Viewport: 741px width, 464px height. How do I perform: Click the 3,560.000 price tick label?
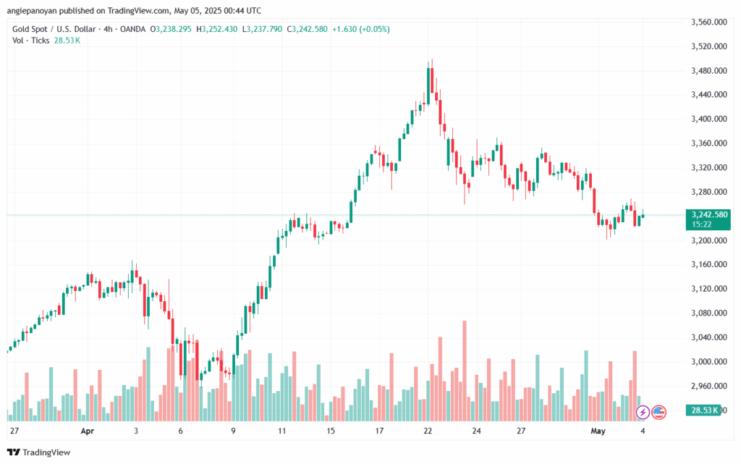tap(708, 22)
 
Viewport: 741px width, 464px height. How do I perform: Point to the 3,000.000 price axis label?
tap(708, 362)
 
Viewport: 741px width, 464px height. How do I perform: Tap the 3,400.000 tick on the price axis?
tap(708, 119)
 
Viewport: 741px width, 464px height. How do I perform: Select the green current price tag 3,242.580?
tap(709, 214)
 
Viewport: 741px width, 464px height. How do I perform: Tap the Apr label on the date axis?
tap(88, 430)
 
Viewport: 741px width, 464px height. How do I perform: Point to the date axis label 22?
tap(428, 430)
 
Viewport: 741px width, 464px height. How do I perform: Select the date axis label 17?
tap(379, 430)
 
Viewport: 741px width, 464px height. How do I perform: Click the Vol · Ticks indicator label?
tap(31, 41)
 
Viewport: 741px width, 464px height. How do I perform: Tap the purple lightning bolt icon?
tap(642, 412)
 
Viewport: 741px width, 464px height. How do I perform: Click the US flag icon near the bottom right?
tap(659, 412)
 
